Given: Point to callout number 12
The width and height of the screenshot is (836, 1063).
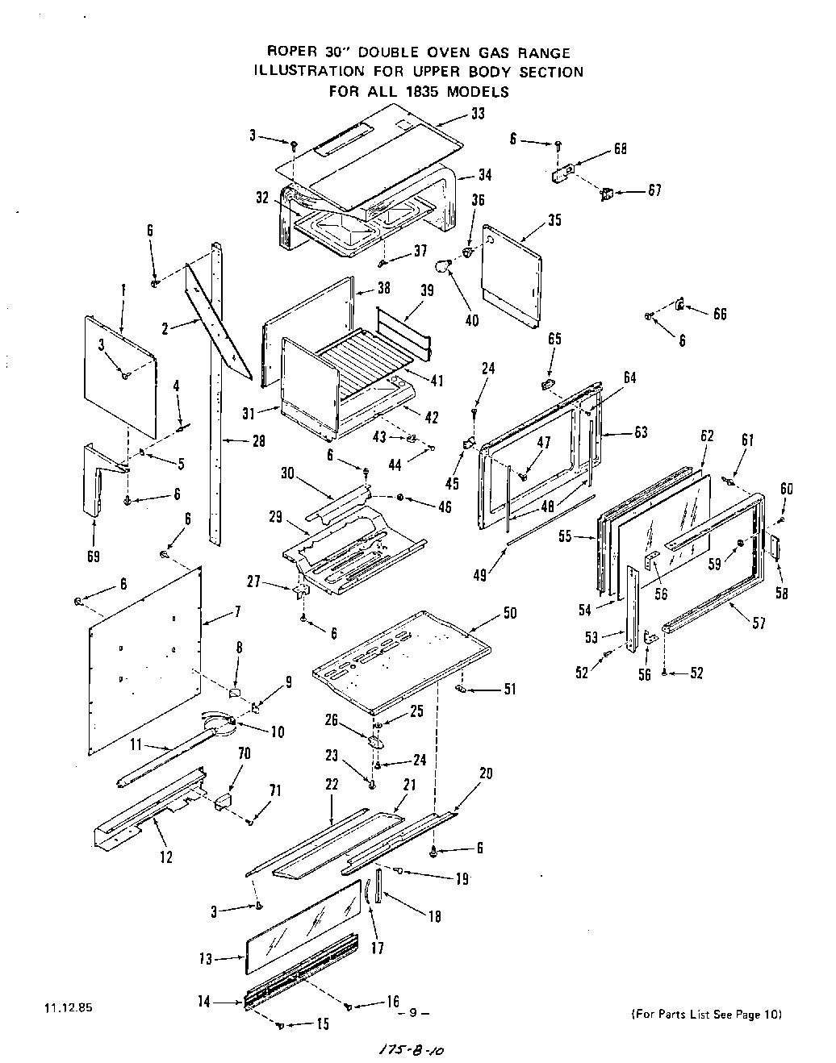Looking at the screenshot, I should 165,857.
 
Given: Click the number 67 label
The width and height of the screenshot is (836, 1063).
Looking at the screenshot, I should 654,190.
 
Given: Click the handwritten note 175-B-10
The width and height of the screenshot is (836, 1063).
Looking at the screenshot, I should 412,1050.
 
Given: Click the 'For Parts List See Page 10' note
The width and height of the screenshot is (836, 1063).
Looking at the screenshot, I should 704,1014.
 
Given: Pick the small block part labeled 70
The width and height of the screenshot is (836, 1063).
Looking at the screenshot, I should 222,801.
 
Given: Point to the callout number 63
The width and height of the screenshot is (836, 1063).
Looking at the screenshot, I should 640,432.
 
